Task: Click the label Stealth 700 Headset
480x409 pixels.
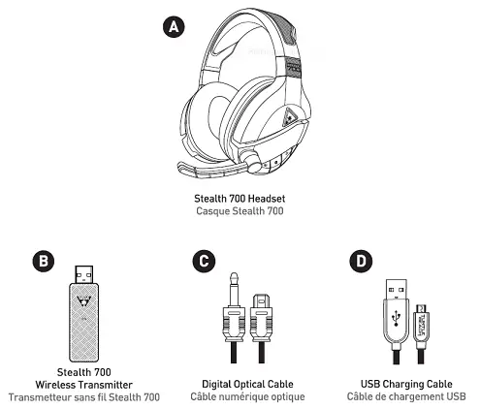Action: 240,200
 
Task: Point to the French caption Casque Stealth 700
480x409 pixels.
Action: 240,212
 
